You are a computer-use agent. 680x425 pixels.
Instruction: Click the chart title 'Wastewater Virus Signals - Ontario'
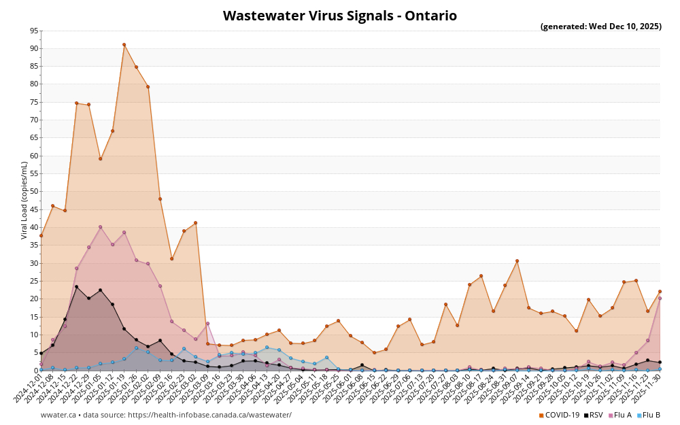click(340, 16)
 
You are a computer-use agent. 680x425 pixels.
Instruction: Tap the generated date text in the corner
click(600, 27)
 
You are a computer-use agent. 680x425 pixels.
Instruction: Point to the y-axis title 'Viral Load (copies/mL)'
click(24, 200)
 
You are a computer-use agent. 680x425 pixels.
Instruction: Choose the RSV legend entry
click(592, 415)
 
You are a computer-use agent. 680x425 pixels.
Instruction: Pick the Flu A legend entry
click(619, 415)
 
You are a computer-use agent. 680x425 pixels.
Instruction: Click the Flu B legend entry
click(648, 415)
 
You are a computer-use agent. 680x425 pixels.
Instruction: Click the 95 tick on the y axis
click(35, 31)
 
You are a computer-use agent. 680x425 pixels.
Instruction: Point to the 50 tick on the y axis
click(35, 192)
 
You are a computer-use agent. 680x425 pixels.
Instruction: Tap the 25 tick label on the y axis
click(35, 281)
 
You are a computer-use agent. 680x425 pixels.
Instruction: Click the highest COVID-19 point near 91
click(124, 45)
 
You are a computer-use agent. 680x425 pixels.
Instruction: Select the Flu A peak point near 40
click(100, 227)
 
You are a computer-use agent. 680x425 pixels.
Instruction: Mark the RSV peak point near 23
click(76, 287)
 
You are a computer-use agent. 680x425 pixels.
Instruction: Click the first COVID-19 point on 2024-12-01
click(41, 236)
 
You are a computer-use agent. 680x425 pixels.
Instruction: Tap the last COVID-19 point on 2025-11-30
click(660, 292)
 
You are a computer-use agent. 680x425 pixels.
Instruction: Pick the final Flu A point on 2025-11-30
click(660, 298)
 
